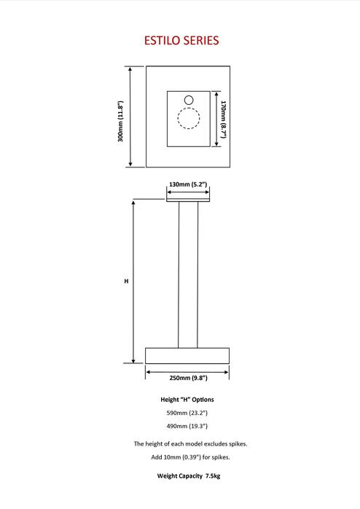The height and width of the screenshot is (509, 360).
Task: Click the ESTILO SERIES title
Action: point(181,41)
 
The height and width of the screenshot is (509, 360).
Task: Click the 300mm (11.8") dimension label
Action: point(120,121)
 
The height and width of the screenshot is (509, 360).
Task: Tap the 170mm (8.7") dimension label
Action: point(223,119)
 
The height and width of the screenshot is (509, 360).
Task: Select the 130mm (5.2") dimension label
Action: point(188,184)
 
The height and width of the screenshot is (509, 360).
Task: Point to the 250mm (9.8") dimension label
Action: point(189,378)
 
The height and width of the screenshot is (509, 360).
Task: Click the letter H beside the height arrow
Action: point(126,281)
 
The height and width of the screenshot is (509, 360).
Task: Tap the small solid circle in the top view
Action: point(189,100)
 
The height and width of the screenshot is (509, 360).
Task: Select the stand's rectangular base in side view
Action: point(187,356)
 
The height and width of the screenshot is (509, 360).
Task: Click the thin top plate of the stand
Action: point(188,200)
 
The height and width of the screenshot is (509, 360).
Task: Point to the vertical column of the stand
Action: point(188,275)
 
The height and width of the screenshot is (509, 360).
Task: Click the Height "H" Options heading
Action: point(187,400)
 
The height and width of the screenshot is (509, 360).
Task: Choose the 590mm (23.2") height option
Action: point(187,413)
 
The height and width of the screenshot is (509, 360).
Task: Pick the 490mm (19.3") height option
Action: point(187,426)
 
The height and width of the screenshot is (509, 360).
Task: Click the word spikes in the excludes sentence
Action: point(238,444)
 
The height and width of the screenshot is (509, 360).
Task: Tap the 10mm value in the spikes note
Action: point(172,457)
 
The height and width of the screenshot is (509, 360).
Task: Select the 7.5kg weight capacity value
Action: point(213,476)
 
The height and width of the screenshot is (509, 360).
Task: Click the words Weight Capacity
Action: point(180,476)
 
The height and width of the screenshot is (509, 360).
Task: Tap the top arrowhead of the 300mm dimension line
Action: point(130,69)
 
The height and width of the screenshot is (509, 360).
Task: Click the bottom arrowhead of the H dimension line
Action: point(133,360)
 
